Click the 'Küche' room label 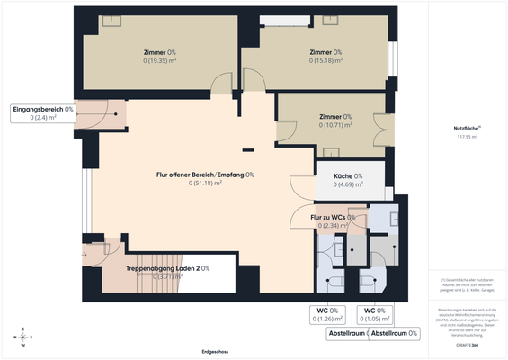345,176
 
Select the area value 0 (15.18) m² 325,62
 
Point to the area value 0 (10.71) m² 339,126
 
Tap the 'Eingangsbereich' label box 43,112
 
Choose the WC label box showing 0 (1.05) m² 374,314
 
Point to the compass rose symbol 23,337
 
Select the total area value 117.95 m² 466,139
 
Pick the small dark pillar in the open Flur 248,149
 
